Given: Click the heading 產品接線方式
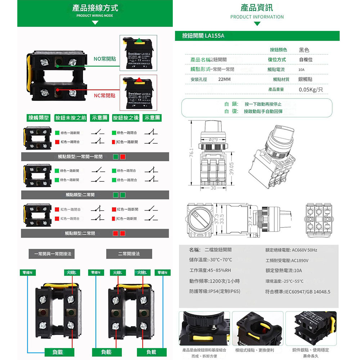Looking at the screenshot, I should click(95, 8).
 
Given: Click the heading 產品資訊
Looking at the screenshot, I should click(257, 8).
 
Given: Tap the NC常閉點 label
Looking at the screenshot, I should click(104, 95).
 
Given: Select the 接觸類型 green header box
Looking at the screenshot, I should click(39, 118).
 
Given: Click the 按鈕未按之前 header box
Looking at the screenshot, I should click(71, 118).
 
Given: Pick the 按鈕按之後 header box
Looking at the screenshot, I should click(126, 118).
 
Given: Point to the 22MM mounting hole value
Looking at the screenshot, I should click(225, 79).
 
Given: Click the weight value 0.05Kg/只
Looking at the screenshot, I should click(311, 89).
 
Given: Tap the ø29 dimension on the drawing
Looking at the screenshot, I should click(213, 139).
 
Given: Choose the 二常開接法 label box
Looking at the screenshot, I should click(129, 254).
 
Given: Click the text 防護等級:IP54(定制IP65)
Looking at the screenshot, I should click(215, 291).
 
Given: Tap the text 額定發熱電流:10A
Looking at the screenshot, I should click(283, 270).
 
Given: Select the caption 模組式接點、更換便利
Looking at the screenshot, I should click(255, 350).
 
